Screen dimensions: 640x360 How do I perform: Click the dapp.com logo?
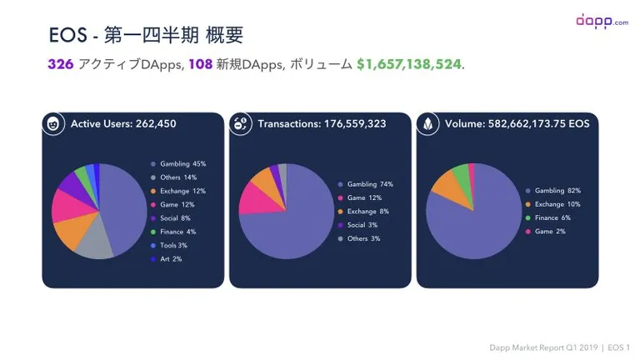[602, 21]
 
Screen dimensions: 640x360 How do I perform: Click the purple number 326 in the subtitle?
[60, 64]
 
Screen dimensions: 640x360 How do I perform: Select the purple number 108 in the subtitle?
[200, 64]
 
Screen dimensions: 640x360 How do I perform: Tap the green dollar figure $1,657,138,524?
[409, 64]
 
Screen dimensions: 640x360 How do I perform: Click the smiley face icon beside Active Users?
[53, 123]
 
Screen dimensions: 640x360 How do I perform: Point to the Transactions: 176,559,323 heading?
[322, 123]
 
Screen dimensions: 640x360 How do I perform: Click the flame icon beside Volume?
[427, 123]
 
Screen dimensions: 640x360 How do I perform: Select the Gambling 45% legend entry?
[178, 164]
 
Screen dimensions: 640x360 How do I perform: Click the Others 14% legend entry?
[173, 177]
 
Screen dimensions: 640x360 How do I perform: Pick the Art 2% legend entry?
[166, 259]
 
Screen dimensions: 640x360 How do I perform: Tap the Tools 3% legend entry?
[168, 245]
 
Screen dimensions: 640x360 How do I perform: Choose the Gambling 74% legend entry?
[365, 184]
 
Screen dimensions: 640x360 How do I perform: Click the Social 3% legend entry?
[357, 225]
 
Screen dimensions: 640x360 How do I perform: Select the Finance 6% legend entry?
[547, 218]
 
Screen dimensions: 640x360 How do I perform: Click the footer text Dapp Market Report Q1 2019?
[543, 347]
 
